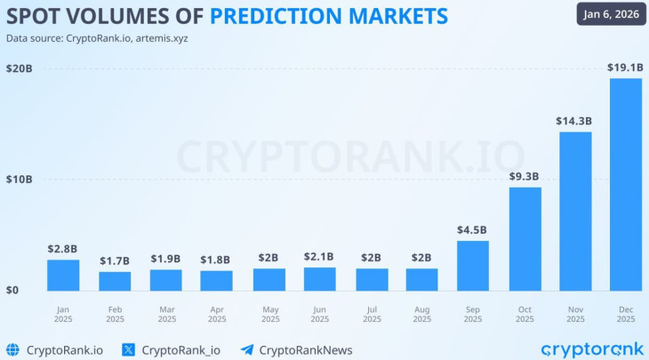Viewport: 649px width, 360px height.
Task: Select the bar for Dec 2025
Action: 625,184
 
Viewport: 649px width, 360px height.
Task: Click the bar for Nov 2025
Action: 575,211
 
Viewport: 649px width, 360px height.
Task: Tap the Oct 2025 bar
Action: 525,238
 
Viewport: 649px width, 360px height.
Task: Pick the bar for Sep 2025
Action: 473,265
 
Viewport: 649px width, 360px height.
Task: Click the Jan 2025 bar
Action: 62,275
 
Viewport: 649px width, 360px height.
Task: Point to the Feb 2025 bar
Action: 115,281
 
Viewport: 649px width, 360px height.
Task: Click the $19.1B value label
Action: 625,67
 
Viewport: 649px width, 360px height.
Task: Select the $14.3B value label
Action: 575,120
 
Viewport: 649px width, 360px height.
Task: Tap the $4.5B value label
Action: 472,229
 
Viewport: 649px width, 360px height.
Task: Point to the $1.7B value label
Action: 115,260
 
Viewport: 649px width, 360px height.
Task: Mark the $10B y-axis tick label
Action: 19,180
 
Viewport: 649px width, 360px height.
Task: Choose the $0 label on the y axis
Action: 12,290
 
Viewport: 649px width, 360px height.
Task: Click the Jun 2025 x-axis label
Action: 319,313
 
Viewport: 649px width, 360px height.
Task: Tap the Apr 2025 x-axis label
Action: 216,313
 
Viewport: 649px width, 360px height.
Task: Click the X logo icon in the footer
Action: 128,349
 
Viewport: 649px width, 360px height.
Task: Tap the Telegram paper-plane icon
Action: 247,349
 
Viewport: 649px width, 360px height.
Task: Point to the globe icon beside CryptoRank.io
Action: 12,349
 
